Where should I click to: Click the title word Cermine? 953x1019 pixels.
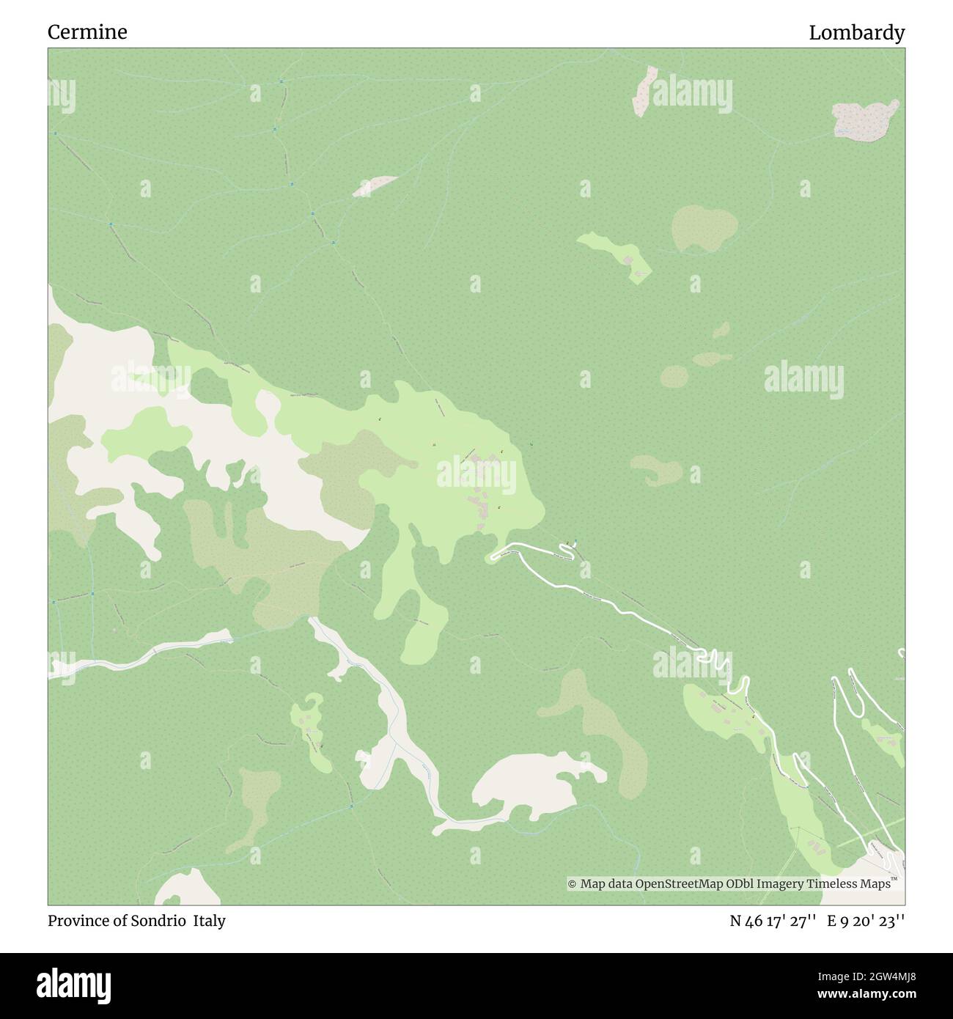(87, 32)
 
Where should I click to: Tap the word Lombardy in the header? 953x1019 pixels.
(856, 32)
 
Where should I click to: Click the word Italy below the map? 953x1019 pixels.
(210, 921)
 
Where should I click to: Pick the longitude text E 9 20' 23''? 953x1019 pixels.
(866, 921)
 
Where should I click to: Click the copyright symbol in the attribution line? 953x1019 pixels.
(573, 885)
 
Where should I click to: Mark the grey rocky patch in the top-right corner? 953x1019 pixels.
(865, 119)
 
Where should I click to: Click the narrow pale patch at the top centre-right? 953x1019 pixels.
(645, 90)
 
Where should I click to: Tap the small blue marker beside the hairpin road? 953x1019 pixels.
(575, 543)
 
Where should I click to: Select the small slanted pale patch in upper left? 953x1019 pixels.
(374, 186)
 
